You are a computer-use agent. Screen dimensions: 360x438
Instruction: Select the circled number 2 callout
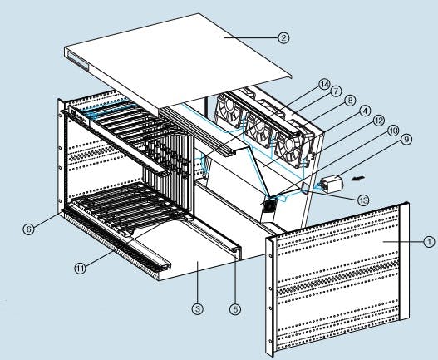pos(283,37)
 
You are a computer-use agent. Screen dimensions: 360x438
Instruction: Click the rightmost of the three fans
pos(292,149)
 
